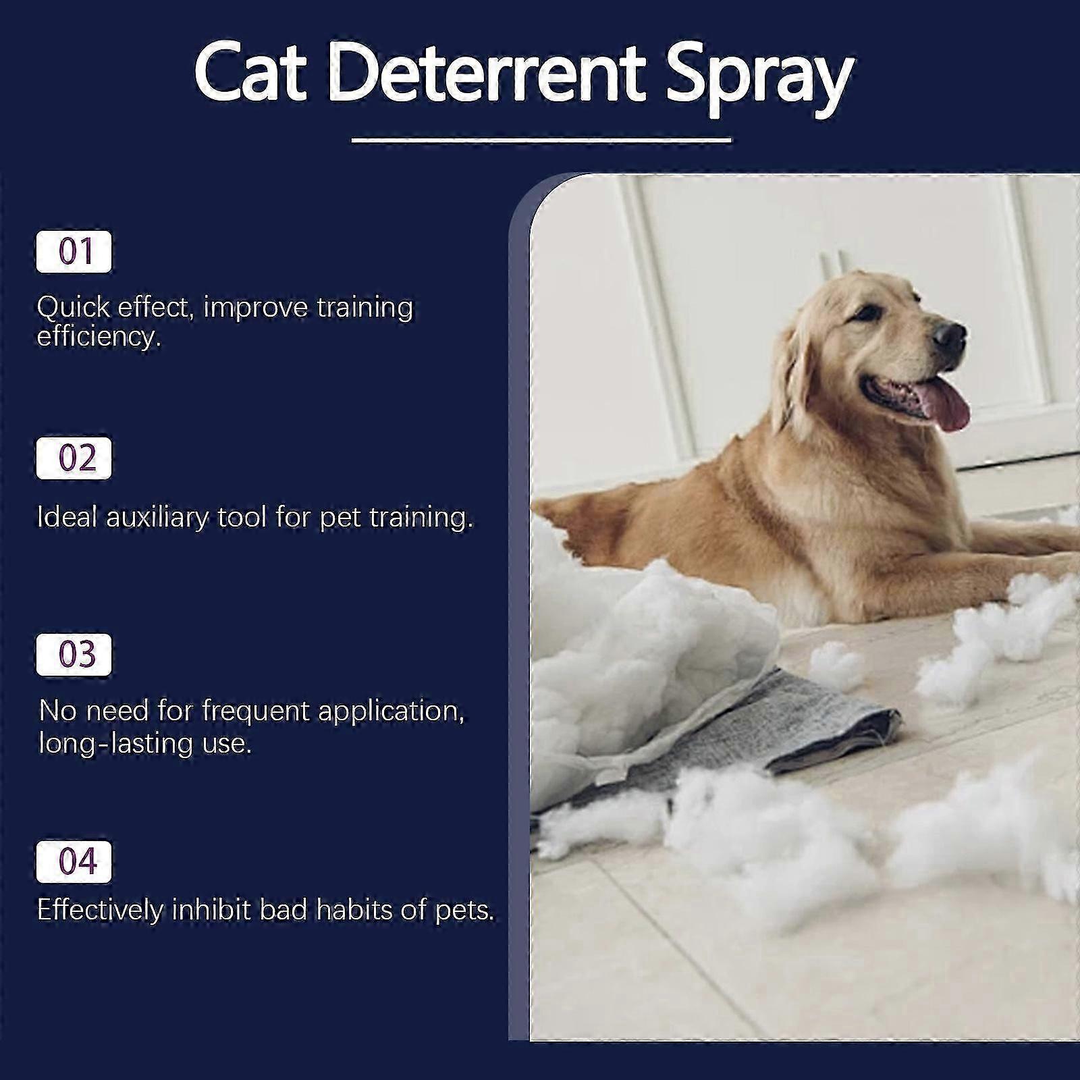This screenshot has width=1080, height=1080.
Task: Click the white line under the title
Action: pos(542,140)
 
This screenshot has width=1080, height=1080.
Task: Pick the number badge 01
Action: pos(74,252)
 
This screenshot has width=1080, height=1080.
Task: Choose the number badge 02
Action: pos(74,458)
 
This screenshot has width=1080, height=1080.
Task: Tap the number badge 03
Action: pos(74,654)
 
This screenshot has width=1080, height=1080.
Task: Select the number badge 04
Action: pos(74,861)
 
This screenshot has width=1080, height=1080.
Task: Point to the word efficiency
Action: pos(99,336)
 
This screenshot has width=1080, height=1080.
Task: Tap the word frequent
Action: pos(255,711)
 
